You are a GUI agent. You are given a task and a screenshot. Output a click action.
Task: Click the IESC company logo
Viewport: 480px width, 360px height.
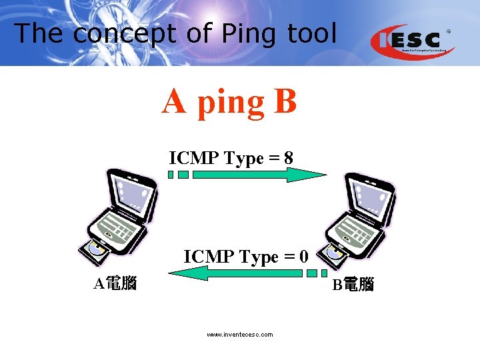(413, 41)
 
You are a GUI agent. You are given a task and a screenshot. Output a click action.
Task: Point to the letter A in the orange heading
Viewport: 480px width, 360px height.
(173, 102)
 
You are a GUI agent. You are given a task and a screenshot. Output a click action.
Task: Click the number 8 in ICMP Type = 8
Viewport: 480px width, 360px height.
(288, 158)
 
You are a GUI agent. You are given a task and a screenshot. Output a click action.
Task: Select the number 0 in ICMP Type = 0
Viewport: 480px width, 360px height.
(303, 256)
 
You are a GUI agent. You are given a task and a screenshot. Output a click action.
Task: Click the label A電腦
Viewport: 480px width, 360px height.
(115, 284)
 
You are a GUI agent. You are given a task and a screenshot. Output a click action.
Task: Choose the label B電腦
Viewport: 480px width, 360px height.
(353, 285)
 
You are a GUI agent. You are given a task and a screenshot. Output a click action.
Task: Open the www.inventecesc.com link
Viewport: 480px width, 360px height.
(239, 335)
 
